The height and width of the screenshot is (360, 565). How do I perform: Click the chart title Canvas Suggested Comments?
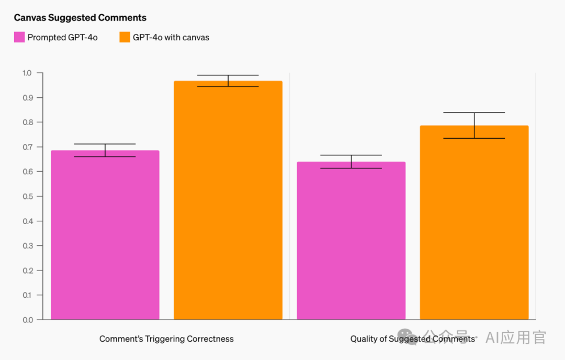[x=80, y=18]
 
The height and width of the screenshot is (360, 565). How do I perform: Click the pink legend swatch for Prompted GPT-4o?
[x=19, y=37]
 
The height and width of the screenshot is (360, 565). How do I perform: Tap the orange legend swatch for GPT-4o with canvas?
[x=125, y=37]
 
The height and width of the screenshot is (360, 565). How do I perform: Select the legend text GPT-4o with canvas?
[x=171, y=37]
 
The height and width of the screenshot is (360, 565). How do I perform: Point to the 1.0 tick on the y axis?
[x=27, y=73]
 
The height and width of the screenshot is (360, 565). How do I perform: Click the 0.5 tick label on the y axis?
[x=27, y=196]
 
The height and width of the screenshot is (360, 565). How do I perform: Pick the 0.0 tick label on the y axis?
[x=27, y=320]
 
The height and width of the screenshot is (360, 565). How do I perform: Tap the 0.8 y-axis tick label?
[x=27, y=122]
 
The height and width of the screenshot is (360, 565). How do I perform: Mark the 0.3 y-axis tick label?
[x=27, y=245]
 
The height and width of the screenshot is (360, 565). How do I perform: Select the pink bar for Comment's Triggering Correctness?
[x=105, y=235]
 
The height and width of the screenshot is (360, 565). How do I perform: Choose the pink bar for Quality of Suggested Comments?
[x=351, y=241]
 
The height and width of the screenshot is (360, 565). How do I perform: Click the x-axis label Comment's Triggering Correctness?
[x=166, y=339]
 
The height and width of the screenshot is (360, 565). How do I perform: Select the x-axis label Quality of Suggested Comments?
[x=412, y=339]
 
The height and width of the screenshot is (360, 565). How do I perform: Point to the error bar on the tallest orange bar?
[x=228, y=81]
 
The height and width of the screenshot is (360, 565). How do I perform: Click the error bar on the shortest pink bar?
[x=351, y=162]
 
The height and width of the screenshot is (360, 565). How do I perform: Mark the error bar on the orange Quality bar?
[x=474, y=125]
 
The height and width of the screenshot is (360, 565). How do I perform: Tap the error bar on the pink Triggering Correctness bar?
[x=105, y=150]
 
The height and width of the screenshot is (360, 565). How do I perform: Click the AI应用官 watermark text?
[x=515, y=337]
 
